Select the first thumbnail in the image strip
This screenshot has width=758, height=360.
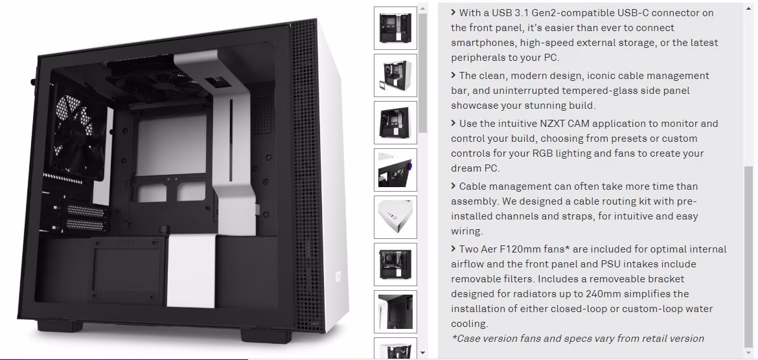[395, 28]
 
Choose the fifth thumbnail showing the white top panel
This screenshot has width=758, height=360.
[395, 217]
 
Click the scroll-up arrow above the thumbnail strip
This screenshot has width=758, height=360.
[423, 8]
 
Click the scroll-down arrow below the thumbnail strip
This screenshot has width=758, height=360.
[423, 354]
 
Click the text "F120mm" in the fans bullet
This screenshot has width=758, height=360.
[537, 249]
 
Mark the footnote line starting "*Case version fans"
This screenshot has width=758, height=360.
[578, 338]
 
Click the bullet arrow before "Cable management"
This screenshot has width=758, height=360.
[454, 186]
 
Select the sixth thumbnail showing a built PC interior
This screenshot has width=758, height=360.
[395, 264]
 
